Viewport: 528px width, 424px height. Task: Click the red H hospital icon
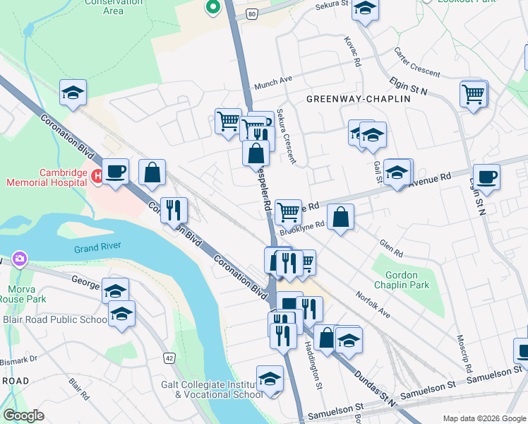tap(97, 177)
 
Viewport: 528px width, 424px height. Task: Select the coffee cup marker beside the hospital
tap(115, 171)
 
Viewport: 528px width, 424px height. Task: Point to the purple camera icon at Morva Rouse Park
tap(18, 259)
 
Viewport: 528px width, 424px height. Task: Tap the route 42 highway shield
tap(169, 358)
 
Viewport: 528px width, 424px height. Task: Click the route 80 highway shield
tap(252, 13)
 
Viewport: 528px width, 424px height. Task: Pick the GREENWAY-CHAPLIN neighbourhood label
tap(358, 100)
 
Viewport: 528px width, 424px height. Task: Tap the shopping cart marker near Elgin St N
tap(474, 93)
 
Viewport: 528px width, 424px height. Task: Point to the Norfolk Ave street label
tap(373, 304)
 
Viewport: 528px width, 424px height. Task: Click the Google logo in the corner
tap(23, 416)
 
